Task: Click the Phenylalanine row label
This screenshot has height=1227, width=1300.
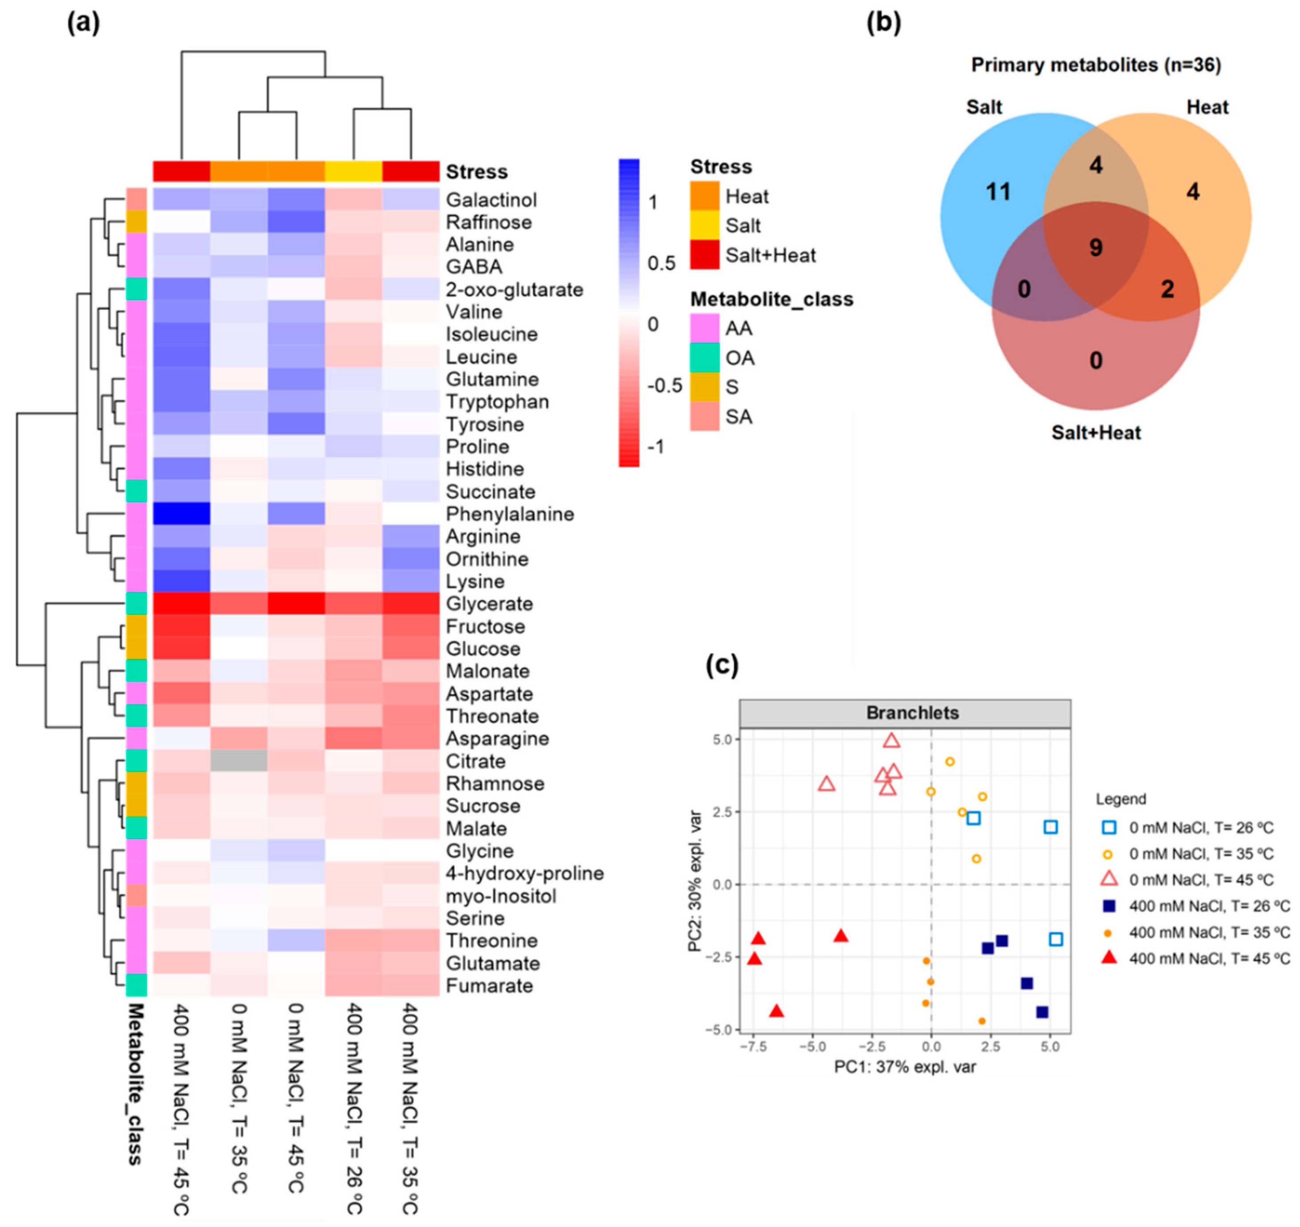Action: (x=509, y=514)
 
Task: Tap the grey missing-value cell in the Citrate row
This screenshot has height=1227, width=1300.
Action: (x=239, y=761)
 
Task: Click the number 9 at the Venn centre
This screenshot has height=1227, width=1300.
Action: (x=1095, y=247)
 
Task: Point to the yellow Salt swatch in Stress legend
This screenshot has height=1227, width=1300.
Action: (x=704, y=226)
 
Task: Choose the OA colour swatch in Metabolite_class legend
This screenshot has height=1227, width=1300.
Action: (x=704, y=358)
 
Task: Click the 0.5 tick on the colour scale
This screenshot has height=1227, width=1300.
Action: (x=661, y=264)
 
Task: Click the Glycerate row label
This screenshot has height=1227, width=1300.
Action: (x=489, y=604)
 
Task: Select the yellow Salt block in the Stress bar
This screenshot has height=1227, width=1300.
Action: (x=353, y=172)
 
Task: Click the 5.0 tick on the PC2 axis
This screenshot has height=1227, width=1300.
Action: (x=724, y=740)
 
